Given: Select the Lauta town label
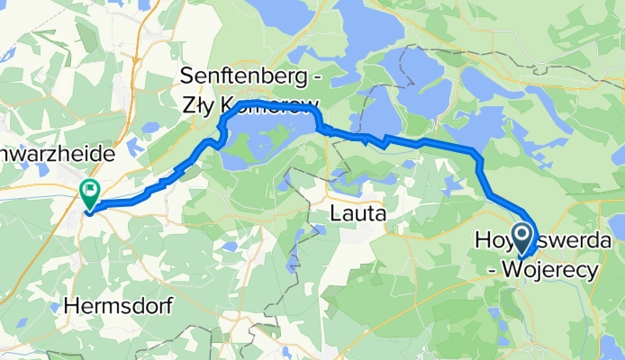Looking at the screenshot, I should point(358,214).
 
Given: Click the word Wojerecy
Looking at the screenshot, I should point(551,267).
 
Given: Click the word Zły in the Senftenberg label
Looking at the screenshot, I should point(201,101).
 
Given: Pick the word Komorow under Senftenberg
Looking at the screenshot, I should point(269,101).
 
